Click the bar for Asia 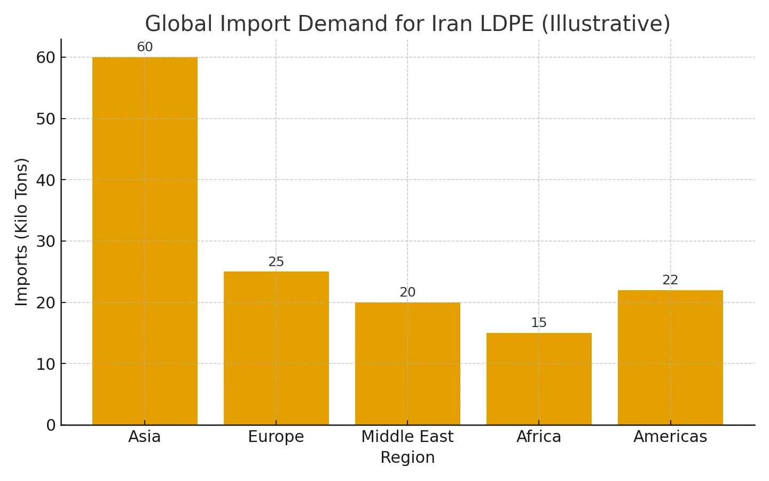point(145,241)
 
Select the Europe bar point(276,348)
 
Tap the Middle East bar point(407,363)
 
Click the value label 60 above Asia point(145,47)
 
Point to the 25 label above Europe point(276,262)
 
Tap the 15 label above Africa point(539,323)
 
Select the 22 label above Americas point(670,280)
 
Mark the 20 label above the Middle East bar point(407,292)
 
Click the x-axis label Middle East point(407,437)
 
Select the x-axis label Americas point(670,437)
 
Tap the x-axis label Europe point(276,437)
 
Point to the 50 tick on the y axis point(46,119)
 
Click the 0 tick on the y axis point(51,425)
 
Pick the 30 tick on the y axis point(46,242)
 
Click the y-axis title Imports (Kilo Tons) point(21,232)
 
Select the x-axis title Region point(407,457)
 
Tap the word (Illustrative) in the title point(606,24)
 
